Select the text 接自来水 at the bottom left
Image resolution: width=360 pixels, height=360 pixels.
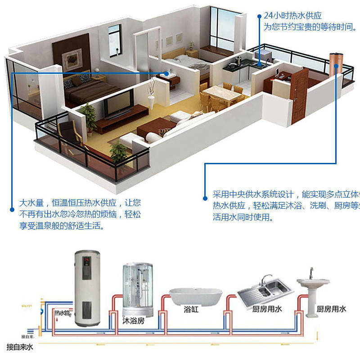pos(20,347)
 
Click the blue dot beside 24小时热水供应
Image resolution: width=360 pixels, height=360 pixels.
pos(259,16)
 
